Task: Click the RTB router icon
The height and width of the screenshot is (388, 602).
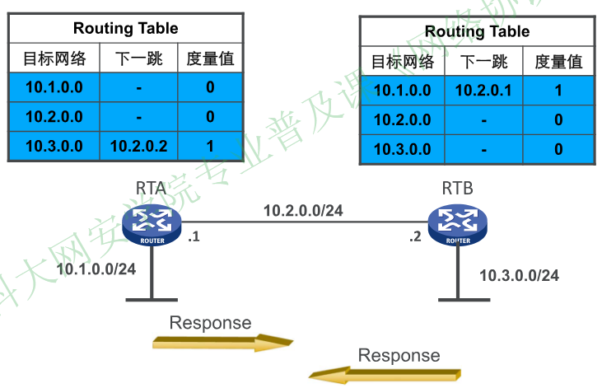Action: point(458,223)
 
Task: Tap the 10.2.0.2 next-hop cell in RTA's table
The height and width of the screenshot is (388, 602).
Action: point(139,147)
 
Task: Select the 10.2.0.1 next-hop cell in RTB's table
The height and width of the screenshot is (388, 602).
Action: point(483,90)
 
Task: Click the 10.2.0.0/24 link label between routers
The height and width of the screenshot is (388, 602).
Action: point(303,210)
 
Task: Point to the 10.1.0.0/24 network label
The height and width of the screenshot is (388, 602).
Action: point(96,268)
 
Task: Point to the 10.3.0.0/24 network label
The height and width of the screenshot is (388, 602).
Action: point(519,275)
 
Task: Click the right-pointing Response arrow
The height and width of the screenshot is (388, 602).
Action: point(223,342)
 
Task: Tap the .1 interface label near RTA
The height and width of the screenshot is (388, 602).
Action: point(194,238)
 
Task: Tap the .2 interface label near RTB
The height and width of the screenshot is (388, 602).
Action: point(415,238)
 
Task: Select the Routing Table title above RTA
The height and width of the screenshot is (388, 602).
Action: point(125,28)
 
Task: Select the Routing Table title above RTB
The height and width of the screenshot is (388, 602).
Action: point(477,32)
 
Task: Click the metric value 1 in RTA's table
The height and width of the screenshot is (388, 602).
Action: point(210,147)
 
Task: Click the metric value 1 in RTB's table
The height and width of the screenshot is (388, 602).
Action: point(558,90)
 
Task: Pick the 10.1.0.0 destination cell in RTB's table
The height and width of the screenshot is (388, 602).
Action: point(402,90)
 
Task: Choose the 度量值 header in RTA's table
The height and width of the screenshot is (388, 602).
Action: point(210,58)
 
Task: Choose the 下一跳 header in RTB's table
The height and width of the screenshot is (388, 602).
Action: point(483,62)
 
